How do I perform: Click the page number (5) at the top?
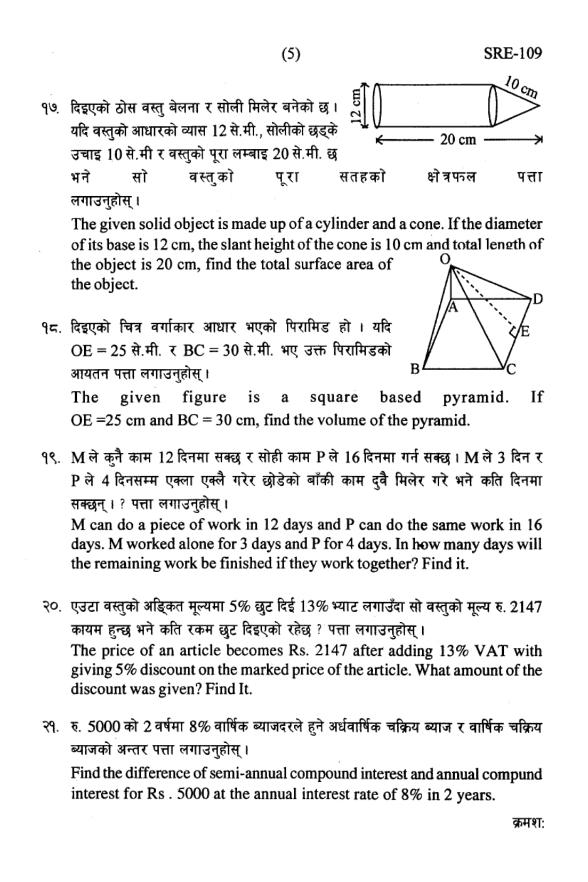tap(291, 54)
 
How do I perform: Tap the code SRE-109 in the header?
tap(512, 53)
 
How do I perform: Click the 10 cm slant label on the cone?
tap(521, 87)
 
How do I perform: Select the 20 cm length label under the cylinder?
tap(458, 140)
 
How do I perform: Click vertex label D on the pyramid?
tap(537, 299)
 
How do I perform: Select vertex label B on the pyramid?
tap(414, 368)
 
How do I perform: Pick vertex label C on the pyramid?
tap(511, 368)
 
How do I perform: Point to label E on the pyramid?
tap(525, 332)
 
